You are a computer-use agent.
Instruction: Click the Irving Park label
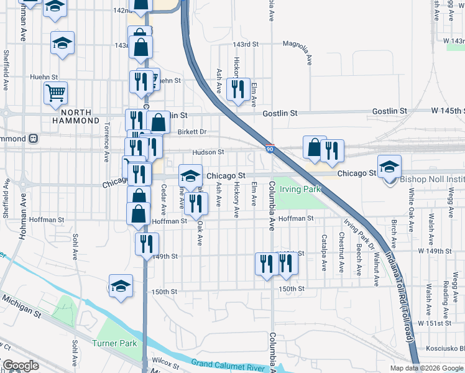coord(300,188)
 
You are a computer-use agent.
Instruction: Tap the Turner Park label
coord(114,343)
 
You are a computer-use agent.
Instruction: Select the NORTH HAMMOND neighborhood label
coord(76,116)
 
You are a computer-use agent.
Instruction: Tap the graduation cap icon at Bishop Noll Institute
coord(390,167)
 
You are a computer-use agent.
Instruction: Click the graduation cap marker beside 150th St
coord(121,286)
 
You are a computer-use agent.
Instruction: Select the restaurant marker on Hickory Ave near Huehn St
coord(238,90)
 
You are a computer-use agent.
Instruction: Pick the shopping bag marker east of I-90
coord(315,147)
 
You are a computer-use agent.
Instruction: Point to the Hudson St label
coord(208,152)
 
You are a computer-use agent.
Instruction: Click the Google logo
coord(20,366)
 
